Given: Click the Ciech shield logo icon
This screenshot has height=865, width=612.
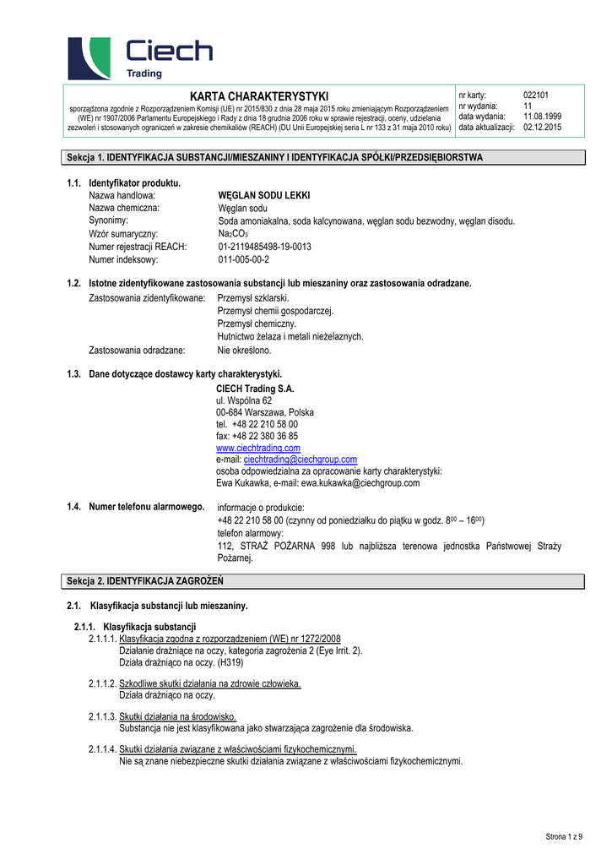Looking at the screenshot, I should pos(88,57).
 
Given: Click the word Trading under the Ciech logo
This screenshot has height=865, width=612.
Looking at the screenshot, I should pos(144,73).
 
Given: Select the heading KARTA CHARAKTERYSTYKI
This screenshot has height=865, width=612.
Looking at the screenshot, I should pos(259,96).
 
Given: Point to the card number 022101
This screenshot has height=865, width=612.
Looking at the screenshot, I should pos(536,95).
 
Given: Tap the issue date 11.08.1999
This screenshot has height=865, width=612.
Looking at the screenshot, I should pos(542,117).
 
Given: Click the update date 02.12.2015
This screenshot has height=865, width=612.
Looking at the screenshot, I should pos(542,128).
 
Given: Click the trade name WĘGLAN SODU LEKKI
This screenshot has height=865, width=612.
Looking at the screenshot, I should pos(264,195).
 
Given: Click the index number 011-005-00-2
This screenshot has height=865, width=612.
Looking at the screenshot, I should pos(244,259).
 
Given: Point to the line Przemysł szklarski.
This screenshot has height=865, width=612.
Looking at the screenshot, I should pos(253,298).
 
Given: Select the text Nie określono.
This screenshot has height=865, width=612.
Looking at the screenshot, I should pos(245,349).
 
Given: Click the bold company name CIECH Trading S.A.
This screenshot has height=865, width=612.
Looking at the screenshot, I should pos(255,388).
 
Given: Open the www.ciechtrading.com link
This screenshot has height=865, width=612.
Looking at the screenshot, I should pos(258,448).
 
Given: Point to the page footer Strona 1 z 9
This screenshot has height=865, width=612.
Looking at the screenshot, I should pos(564,836).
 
